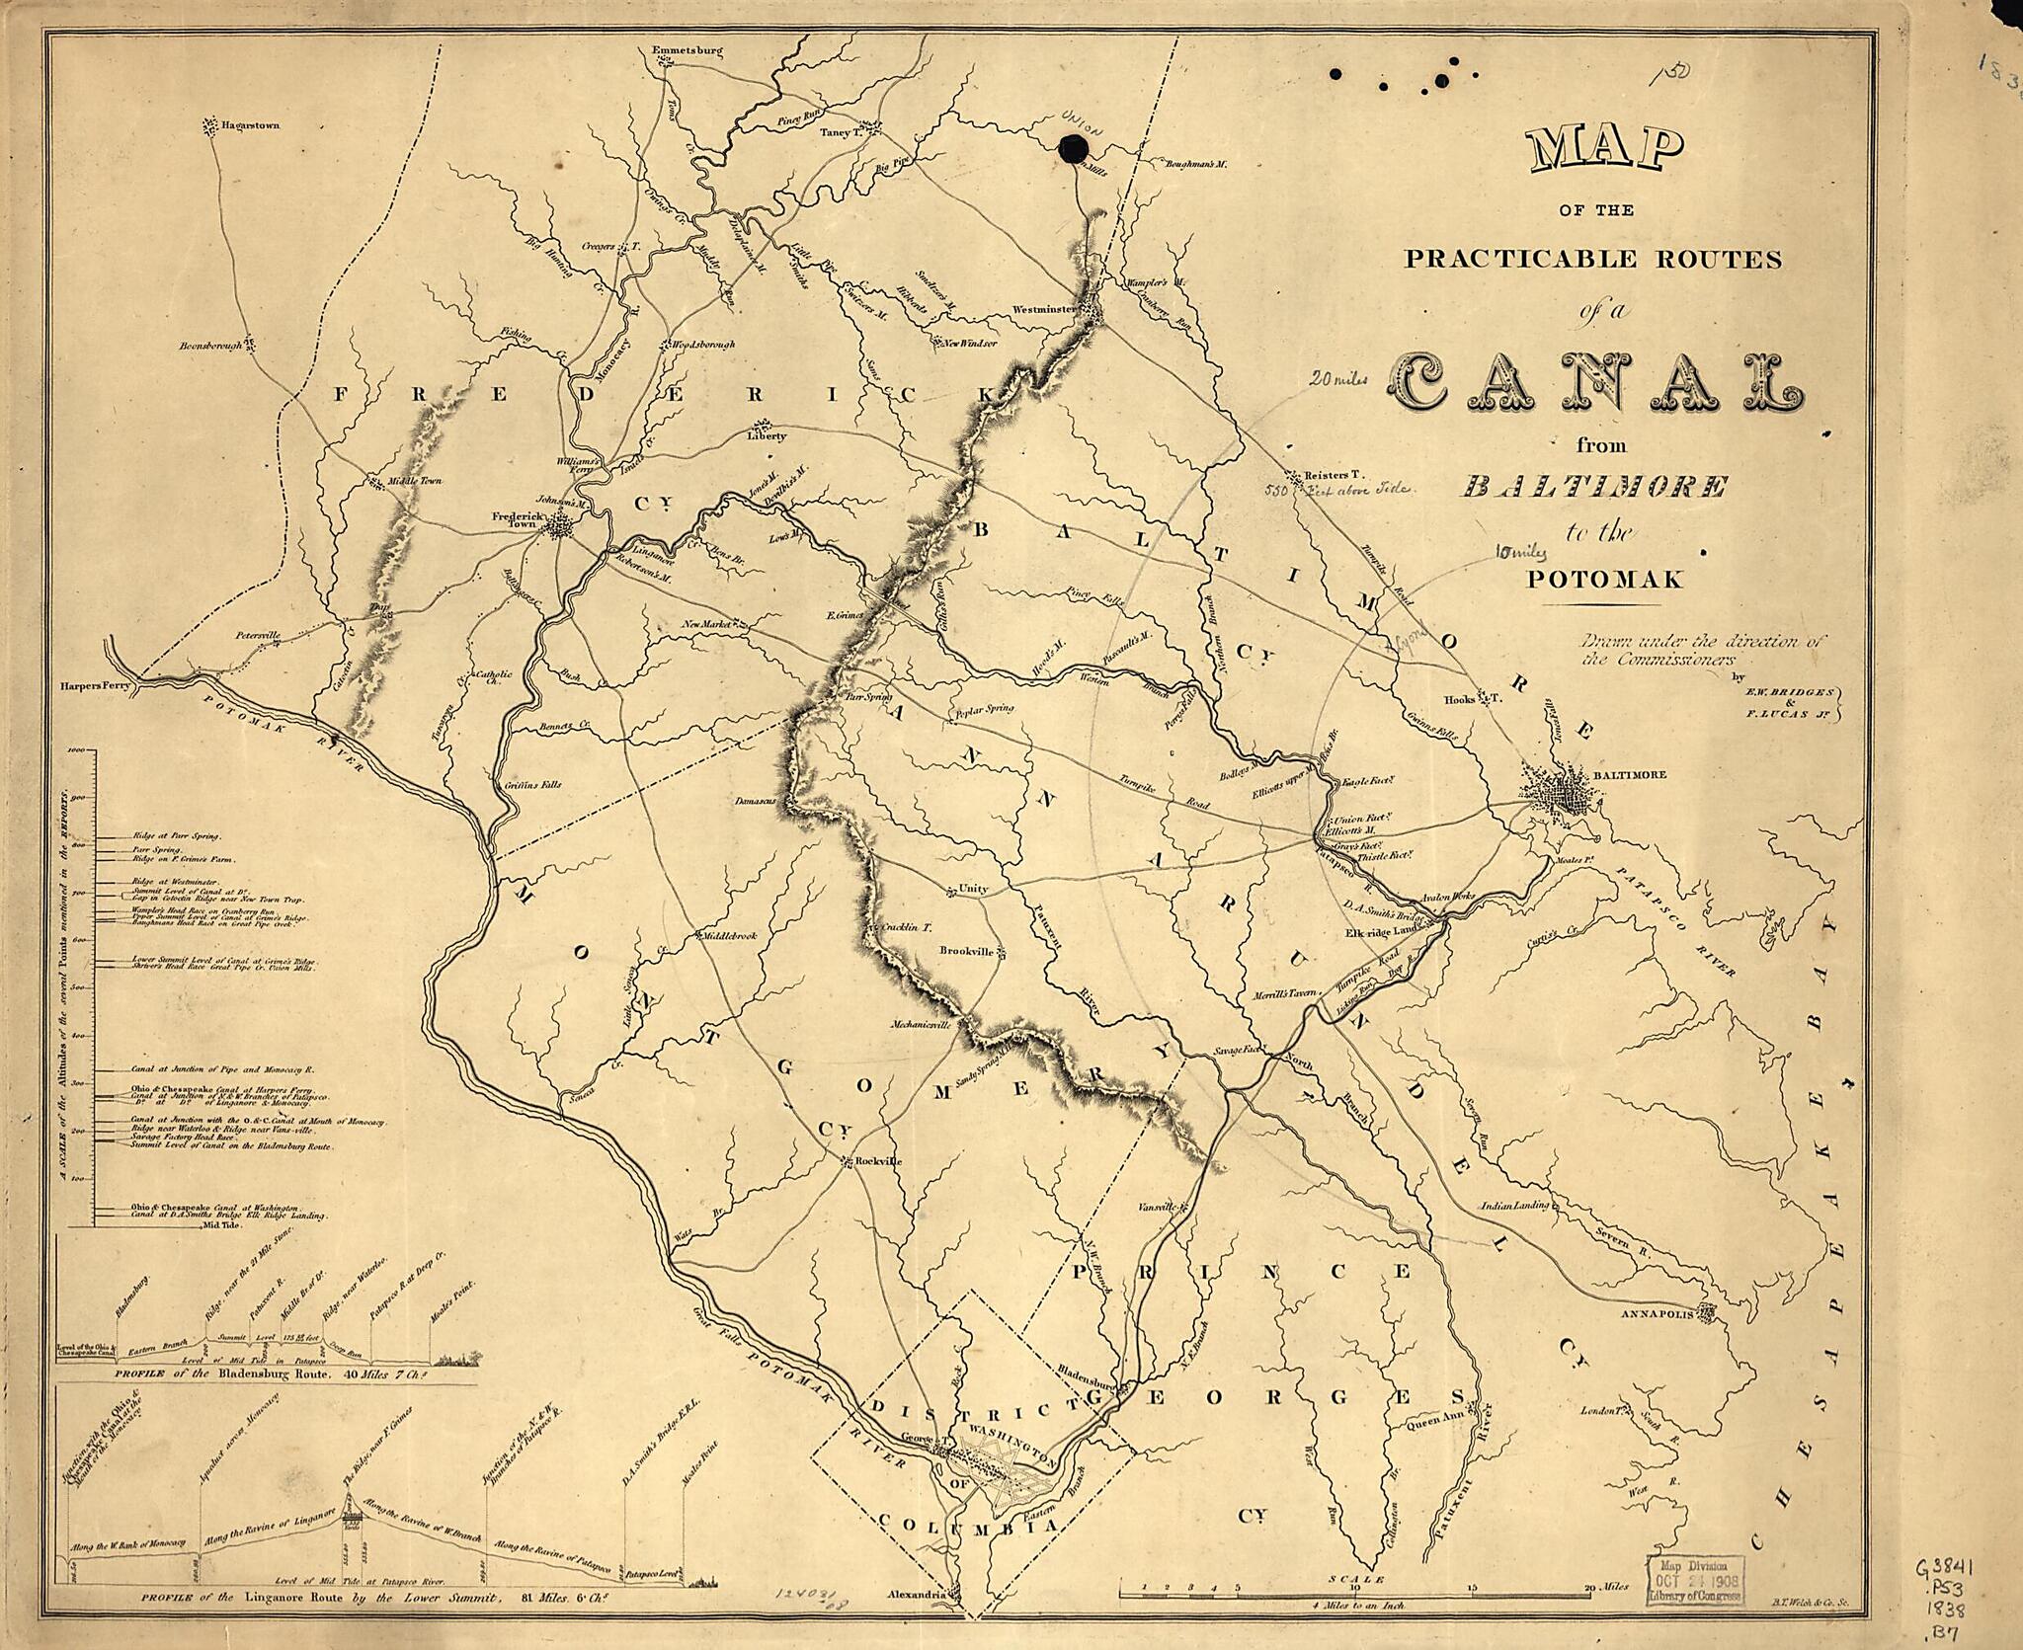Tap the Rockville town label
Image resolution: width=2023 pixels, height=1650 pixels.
(x=877, y=1162)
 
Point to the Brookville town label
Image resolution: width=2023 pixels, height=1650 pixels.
(x=966, y=952)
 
